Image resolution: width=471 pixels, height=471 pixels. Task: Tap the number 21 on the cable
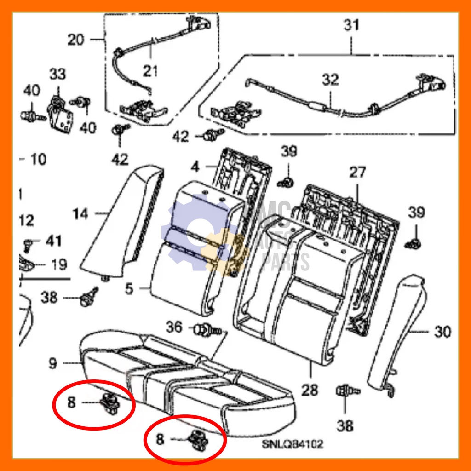tap(150, 71)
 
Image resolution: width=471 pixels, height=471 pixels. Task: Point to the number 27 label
tap(357, 173)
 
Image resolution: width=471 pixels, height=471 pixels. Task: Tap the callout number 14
tap(80, 213)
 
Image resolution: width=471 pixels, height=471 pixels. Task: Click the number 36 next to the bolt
tap(174, 327)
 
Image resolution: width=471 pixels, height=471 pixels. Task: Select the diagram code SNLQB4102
tap(293, 444)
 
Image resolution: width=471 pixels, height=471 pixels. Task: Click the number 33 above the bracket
tap(58, 74)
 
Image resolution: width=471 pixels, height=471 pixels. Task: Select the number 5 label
tap(129, 289)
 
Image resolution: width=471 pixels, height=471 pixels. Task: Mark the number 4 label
tap(195, 166)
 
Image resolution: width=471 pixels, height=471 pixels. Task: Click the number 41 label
tap(53, 240)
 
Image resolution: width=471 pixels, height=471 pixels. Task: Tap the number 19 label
tap(58, 264)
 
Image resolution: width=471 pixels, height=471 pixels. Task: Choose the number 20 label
tap(76, 40)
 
